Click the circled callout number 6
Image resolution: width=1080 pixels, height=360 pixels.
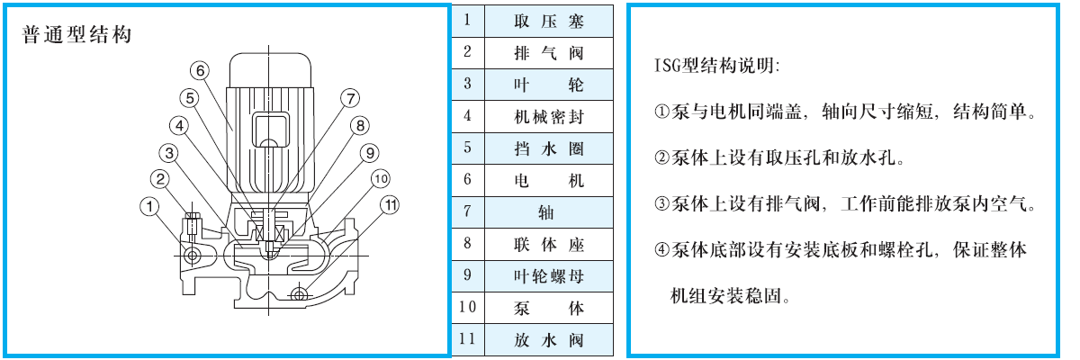[200, 71]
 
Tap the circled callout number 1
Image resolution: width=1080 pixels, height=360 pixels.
[149, 207]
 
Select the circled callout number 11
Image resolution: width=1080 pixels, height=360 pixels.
[390, 205]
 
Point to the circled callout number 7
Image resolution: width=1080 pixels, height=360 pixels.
[350, 98]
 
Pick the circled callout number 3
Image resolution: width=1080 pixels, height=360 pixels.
[169, 153]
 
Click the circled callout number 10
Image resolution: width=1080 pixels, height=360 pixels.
[381, 179]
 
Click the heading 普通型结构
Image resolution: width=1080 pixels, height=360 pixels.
[76, 35]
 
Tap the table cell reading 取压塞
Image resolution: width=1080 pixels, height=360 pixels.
[549, 22]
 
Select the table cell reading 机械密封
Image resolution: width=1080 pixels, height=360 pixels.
[549, 117]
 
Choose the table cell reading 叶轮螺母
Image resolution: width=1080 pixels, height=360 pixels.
[549, 276]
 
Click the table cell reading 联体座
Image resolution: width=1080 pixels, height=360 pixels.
[549, 244]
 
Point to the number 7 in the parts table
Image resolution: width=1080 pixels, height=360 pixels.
[467, 211]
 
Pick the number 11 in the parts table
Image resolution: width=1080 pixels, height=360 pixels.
[467, 339]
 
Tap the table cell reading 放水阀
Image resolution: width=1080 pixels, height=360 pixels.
[549, 340]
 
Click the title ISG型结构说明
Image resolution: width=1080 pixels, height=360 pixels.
[716, 65]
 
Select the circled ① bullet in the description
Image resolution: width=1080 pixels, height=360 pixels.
[662, 112]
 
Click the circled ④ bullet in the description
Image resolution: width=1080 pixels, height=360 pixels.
[662, 249]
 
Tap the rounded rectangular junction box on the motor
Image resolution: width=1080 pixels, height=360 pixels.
[271, 130]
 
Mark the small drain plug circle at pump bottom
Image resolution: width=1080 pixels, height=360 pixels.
[299, 293]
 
